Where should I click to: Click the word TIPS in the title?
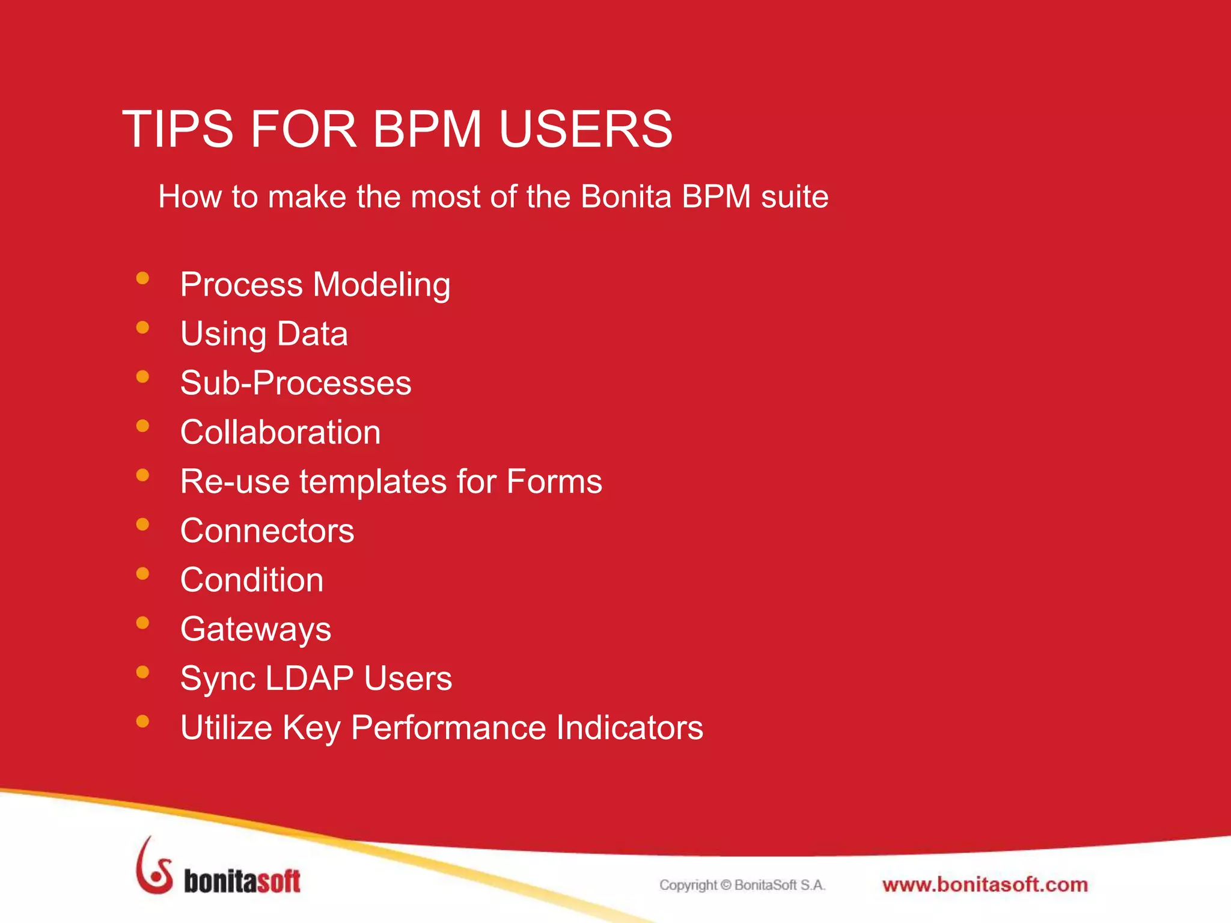(x=177, y=129)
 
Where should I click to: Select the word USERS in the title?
(x=585, y=129)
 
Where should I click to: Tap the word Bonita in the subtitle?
(x=626, y=196)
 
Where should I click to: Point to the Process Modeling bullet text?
(x=315, y=285)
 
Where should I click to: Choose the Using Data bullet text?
(x=264, y=334)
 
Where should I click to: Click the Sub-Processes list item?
(x=296, y=383)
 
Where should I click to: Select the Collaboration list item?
(x=280, y=433)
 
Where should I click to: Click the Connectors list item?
(x=267, y=531)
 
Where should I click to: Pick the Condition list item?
(x=252, y=580)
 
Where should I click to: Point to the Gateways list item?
(x=255, y=630)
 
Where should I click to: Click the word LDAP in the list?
(x=309, y=679)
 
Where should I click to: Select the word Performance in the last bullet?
(x=448, y=728)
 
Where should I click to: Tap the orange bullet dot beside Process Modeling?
(x=142, y=278)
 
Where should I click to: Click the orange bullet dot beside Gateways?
(x=142, y=623)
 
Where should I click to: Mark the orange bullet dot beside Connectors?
(x=142, y=525)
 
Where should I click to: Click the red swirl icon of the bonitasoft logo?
(x=154, y=867)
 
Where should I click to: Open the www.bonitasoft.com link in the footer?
(x=985, y=885)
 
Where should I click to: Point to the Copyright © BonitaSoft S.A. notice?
(x=742, y=885)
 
